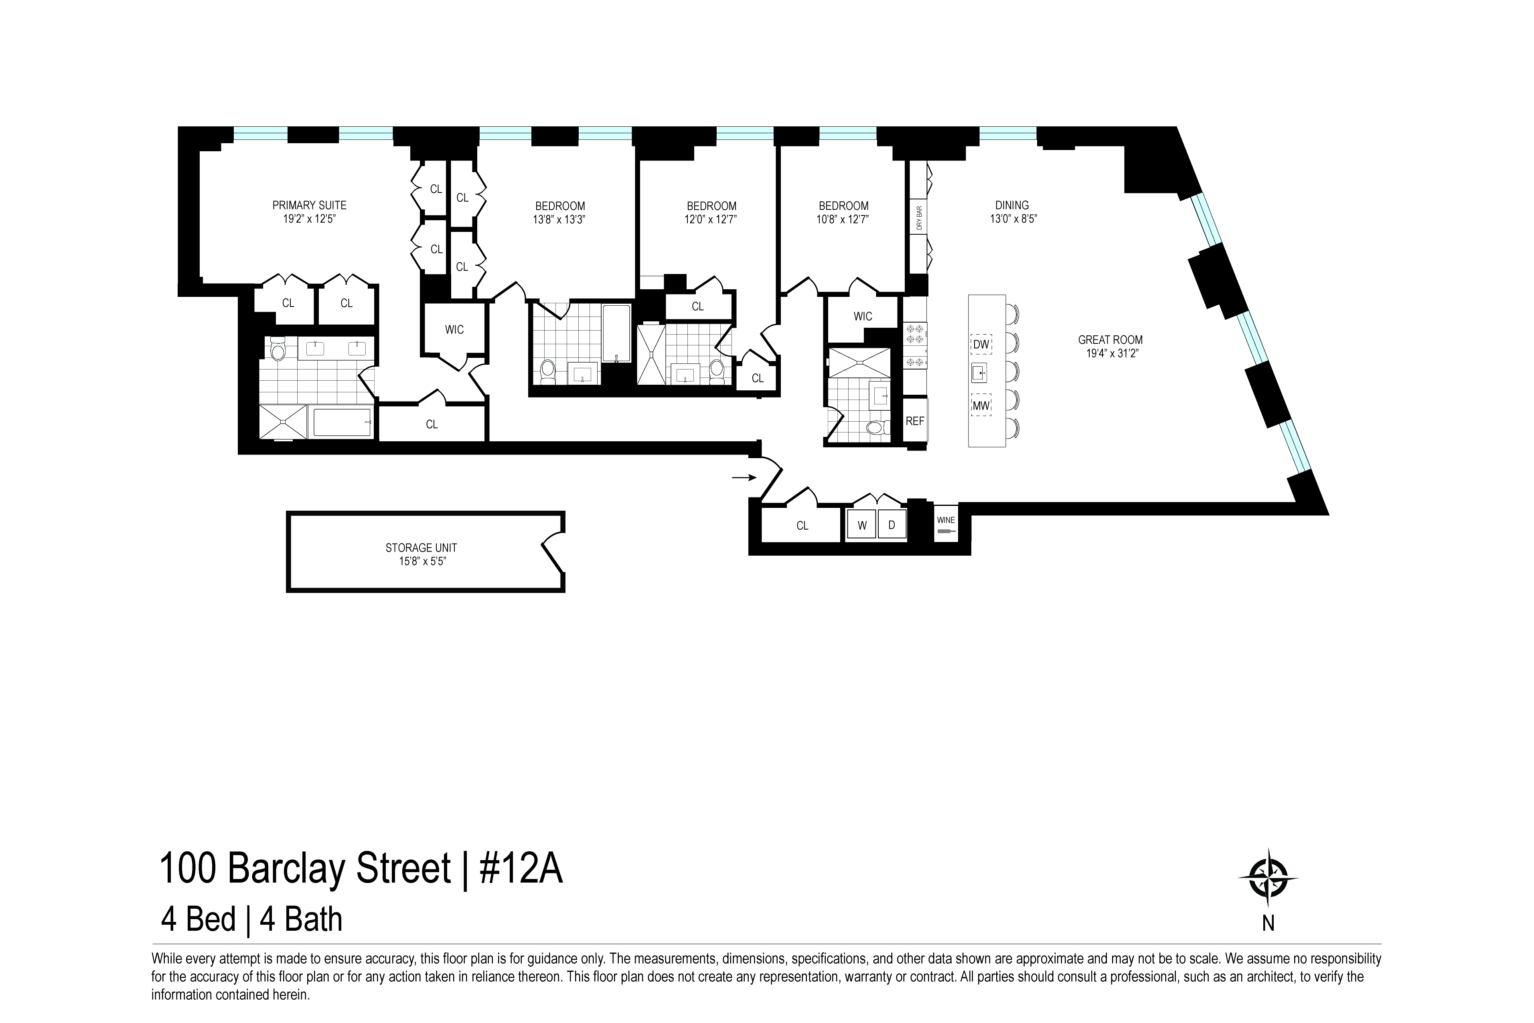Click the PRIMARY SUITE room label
pyautogui.click(x=309, y=205)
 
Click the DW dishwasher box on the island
pyautogui.click(x=981, y=344)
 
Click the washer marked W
pyautogui.click(x=861, y=525)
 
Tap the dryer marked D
pyautogui.click(x=892, y=525)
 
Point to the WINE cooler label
pyautogui.click(x=946, y=520)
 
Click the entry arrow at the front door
pyautogui.click(x=744, y=477)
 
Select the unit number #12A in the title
pyautogui.click(x=521, y=869)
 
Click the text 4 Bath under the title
pyautogui.click(x=301, y=920)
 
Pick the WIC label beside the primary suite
pyautogui.click(x=455, y=329)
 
